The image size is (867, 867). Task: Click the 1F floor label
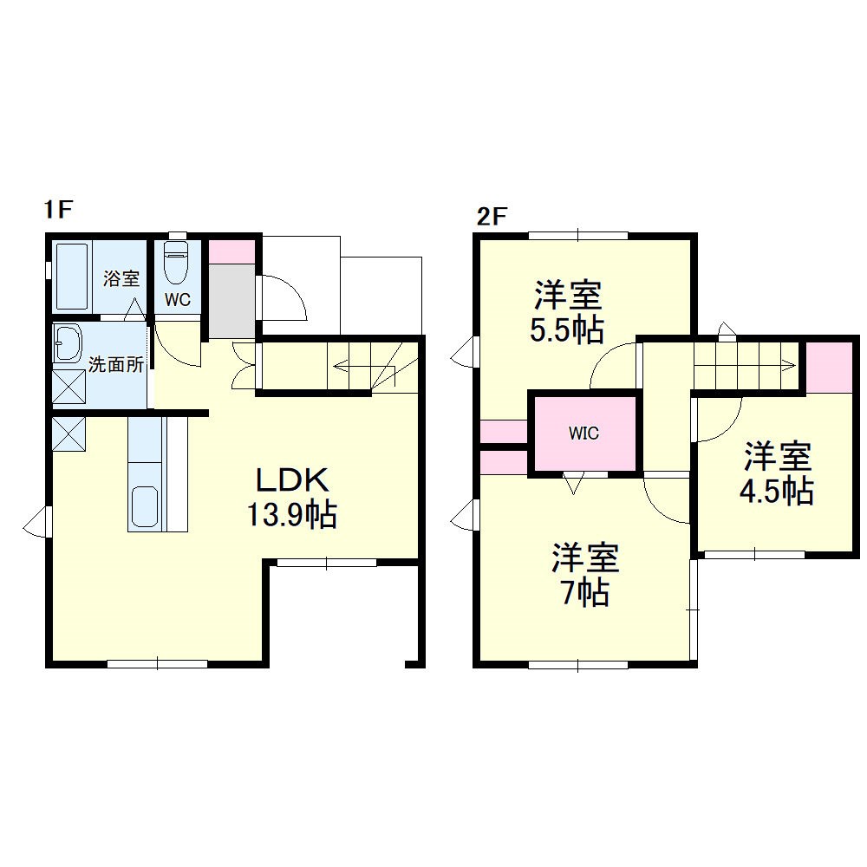[59, 210]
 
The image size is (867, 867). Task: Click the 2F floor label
[492, 216]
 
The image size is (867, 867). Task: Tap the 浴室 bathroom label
[121, 277]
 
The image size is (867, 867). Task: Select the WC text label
[178, 300]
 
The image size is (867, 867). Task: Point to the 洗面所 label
[116, 364]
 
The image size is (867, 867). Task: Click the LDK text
[292, 480]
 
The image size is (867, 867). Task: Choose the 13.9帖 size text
[291, 515]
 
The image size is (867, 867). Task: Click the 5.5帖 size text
[567, 330]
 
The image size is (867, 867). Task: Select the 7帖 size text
[585, 593]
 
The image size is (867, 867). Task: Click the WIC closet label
[583, 433]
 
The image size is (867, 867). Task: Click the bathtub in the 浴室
[73, 277]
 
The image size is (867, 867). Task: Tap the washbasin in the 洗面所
[68, 344]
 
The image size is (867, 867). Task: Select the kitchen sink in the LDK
[144, 506]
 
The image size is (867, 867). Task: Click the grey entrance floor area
[231, 301]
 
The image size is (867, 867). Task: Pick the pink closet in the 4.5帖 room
[828, 368]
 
